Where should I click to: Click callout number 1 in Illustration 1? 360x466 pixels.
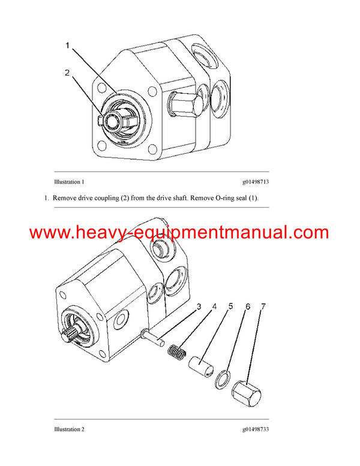click(x=68, y=45)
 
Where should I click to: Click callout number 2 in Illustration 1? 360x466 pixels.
click(x=68, y=73)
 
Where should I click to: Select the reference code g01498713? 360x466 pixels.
click(x=255, y=181)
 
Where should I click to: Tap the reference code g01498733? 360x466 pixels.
click(x=255, y=429)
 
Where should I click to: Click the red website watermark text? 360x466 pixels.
click(x=179, y=232)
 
